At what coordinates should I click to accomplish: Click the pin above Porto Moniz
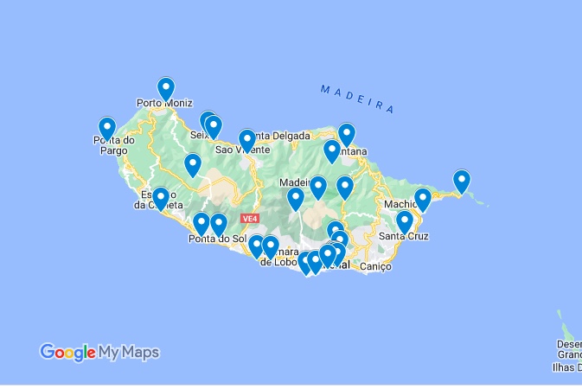click(x=166, y=88)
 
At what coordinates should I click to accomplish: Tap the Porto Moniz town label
click(x=164, y=104)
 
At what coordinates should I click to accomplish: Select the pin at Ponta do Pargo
click(x=107, y=128)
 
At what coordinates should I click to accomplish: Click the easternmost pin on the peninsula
click(x=462, y=181)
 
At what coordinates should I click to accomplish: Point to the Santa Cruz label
click(x=404, y=236)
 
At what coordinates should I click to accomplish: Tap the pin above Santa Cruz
click(x=404, y=221)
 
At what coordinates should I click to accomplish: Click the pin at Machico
click(x=422, y=199)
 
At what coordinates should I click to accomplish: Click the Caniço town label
click(x=374, y=266)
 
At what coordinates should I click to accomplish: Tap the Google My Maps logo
click(x=99, y=352)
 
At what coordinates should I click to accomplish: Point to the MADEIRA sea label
click(x=357, y=99)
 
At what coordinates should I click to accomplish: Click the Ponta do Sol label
click(x=213, y=239)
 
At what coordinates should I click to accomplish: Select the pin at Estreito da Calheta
click(x=161, y=199)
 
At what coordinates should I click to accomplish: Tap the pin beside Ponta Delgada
click(x=247, y=139)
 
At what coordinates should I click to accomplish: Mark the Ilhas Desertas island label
click(x=567, y=355)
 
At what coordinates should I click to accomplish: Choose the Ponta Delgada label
click(x=282, y=136)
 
